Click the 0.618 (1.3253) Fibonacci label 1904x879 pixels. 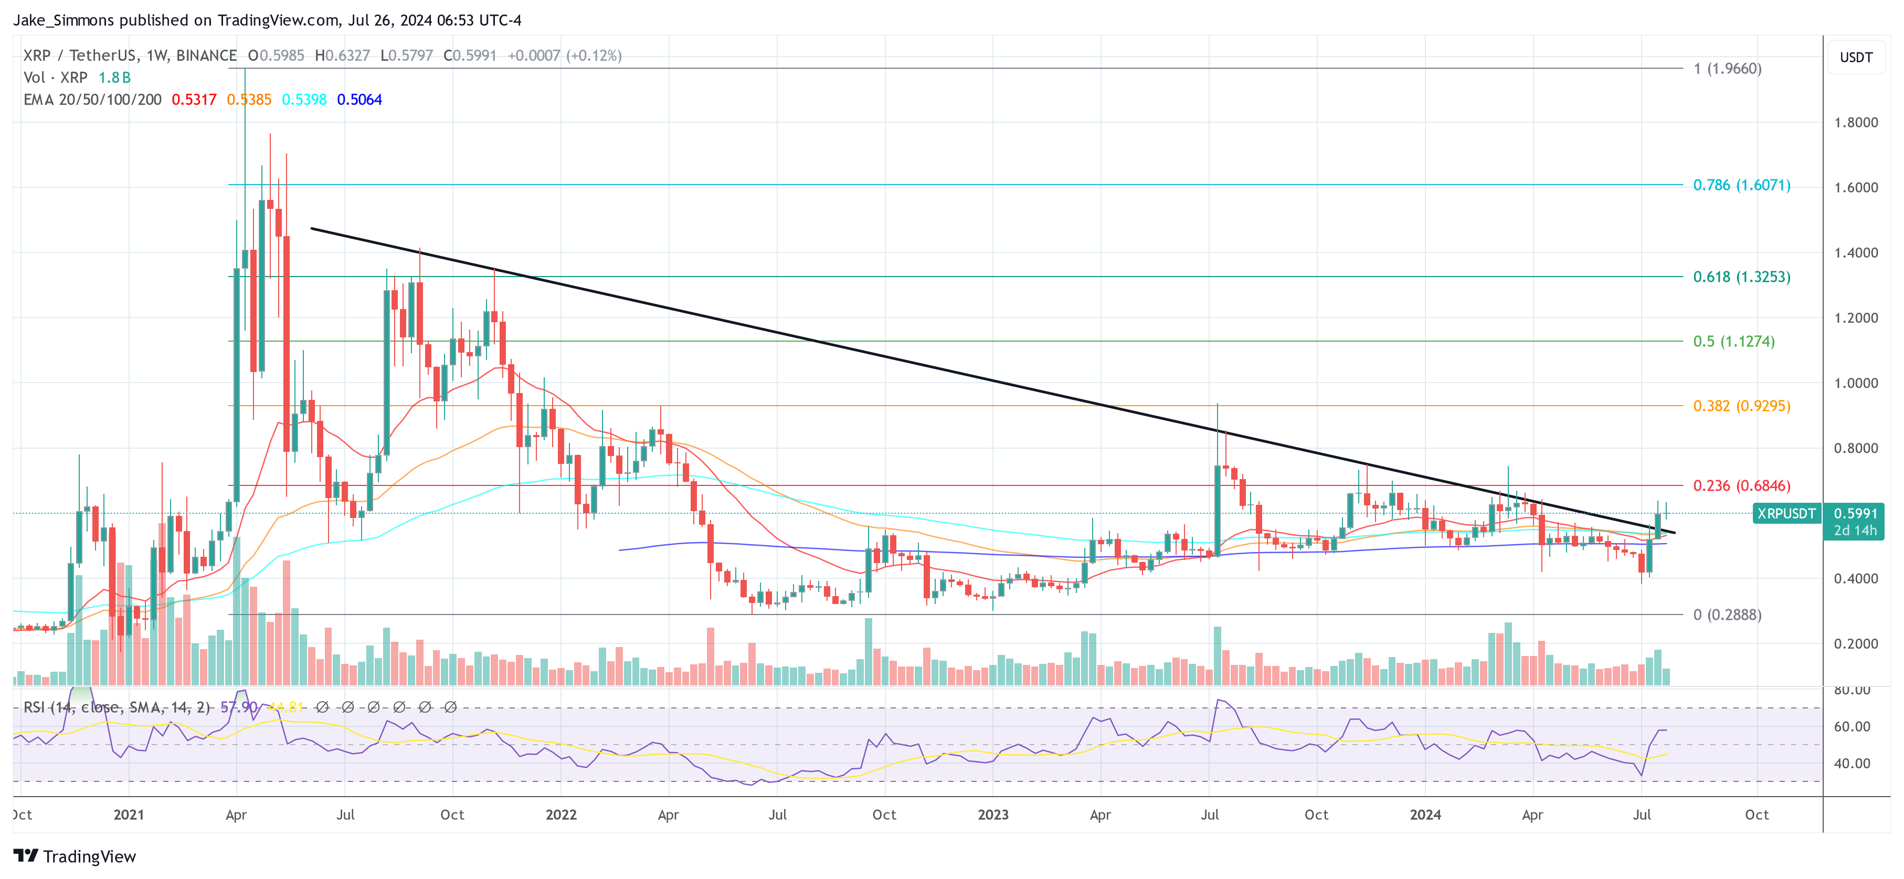click(x=1741, y=277)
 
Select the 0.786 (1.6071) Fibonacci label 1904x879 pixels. click(x=1741, y=185)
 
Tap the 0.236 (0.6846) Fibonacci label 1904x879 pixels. click(x=1741, y=486)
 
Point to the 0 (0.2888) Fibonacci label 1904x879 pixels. click(x=1727, y=615)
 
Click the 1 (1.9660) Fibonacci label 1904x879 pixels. click(x=1727, y=69)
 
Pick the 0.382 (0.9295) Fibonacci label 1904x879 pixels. click(x=1741, y=406)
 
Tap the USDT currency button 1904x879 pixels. click(x=1855, y=57)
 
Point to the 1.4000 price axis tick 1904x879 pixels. click(x=1855, y=253)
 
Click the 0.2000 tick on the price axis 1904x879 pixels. click(x=1855, y=643)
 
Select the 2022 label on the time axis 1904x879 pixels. click(x=560, y=814)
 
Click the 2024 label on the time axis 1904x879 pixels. click(x=1424, y=814)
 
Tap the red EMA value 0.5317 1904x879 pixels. click(x=194, y=99)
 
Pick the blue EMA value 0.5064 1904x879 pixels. click(x=359, y=99)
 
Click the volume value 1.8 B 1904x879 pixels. click(x=114, y=77)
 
